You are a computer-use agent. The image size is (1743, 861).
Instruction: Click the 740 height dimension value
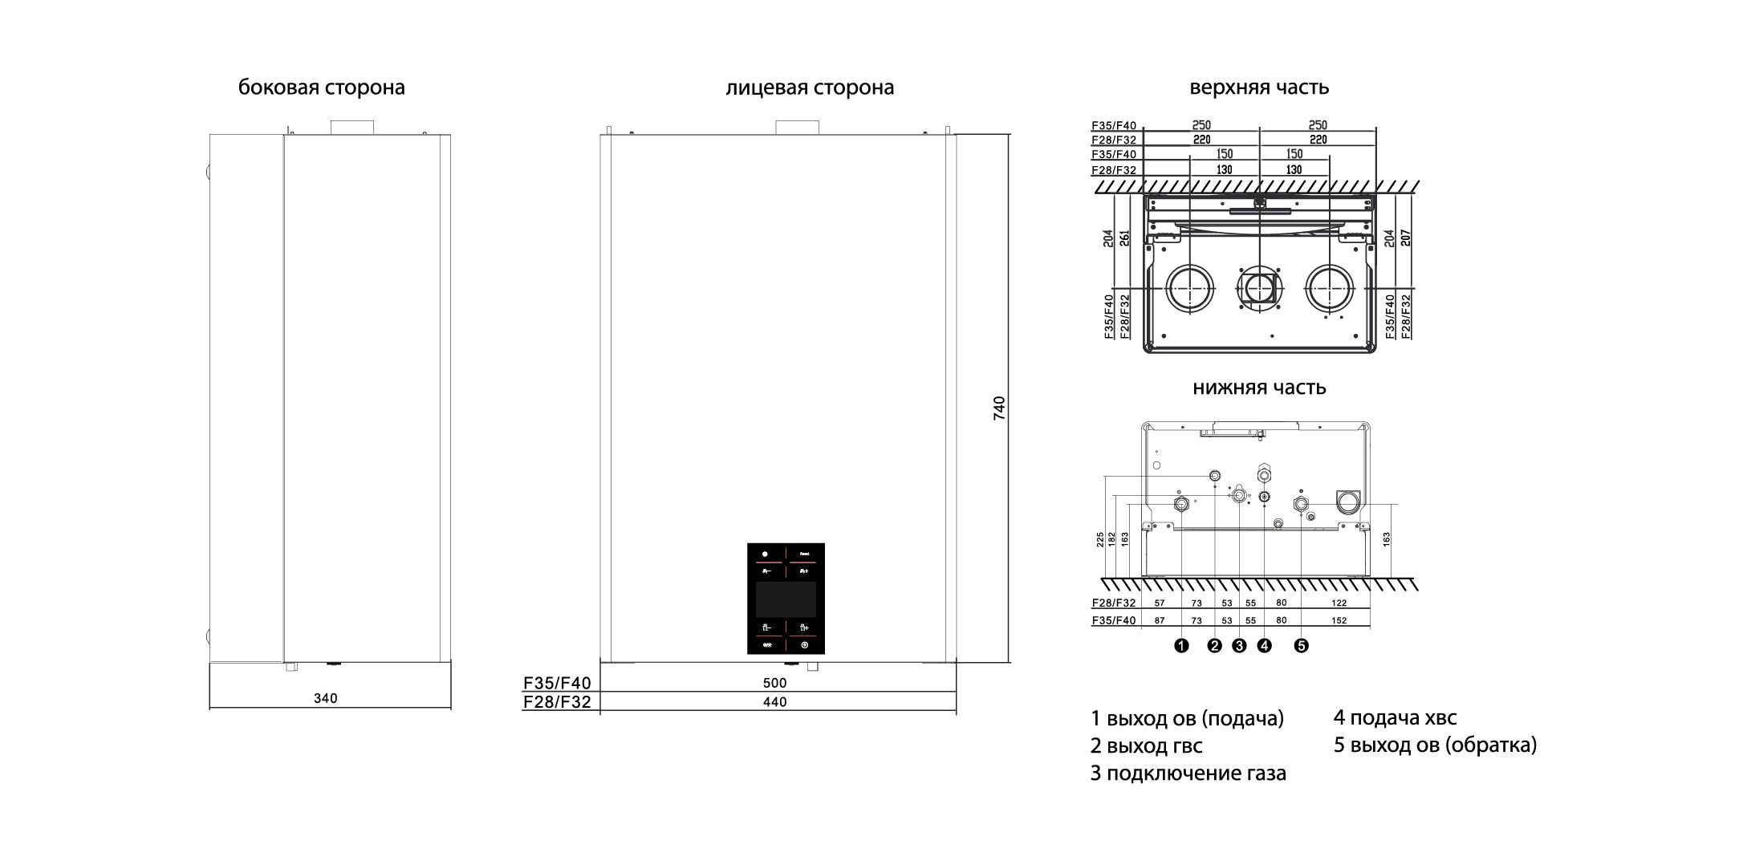coord(999,408)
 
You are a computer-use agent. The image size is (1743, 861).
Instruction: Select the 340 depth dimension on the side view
coord(325,699)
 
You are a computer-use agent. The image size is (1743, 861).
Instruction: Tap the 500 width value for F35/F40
coord(774,684)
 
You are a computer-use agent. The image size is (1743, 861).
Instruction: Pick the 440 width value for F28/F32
coord(774,702)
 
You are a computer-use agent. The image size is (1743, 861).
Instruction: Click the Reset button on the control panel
coord(805,554)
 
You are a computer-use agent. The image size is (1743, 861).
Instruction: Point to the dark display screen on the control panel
coord(786,599)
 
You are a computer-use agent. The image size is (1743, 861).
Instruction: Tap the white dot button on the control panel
coord(766,554)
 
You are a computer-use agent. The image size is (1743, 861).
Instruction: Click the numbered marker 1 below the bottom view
coord(1181,646)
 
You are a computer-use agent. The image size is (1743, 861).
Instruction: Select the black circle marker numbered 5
coord(1301,646)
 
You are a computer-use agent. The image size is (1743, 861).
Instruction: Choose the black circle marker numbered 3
coord(1239,646)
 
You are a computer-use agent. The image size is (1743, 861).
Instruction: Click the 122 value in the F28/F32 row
coord(1339,603)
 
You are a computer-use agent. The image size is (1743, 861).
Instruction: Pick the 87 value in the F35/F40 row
coord(1160,621)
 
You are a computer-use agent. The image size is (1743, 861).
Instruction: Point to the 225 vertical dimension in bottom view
coord(1100,540)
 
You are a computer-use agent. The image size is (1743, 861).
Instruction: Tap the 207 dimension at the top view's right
coord(1405,238)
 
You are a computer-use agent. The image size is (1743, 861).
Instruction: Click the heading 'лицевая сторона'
coord(810,87)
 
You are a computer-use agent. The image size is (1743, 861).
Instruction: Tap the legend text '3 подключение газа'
coord(1188,774)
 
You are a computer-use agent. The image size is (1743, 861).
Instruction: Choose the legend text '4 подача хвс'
coord(1395,718)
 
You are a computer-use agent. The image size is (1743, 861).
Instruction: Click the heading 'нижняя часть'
coord(1259,388)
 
